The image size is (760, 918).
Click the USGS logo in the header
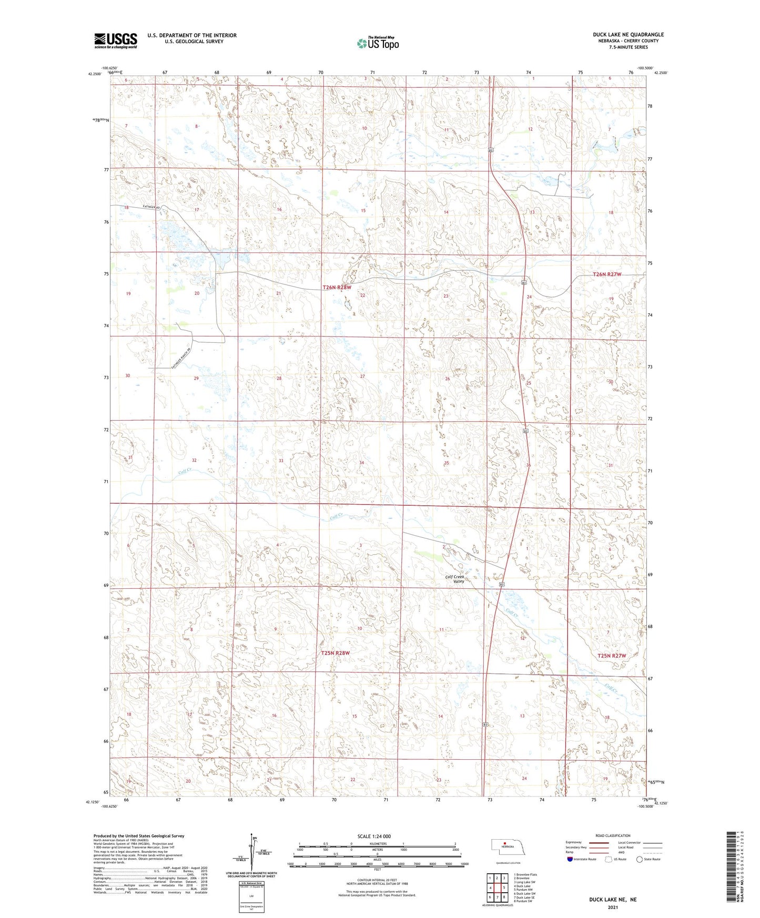click(116, 40)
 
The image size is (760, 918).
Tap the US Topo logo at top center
click(377, 43)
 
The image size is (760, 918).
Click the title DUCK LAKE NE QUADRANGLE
click(628, 35)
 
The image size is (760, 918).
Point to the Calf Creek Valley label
click(455, 579)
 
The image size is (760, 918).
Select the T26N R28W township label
click(337, 288)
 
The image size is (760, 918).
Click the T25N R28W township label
click(335, 653)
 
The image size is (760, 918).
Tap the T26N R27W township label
click(607, 274)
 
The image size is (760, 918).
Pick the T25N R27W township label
click(612, 656)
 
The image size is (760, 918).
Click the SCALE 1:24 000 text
click(374, 837)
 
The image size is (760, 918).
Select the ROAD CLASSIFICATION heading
click(613, 835)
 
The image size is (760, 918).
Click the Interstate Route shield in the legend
click(570, 859)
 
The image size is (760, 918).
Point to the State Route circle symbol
click(639, 859)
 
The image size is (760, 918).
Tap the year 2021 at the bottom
click(612, 907)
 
